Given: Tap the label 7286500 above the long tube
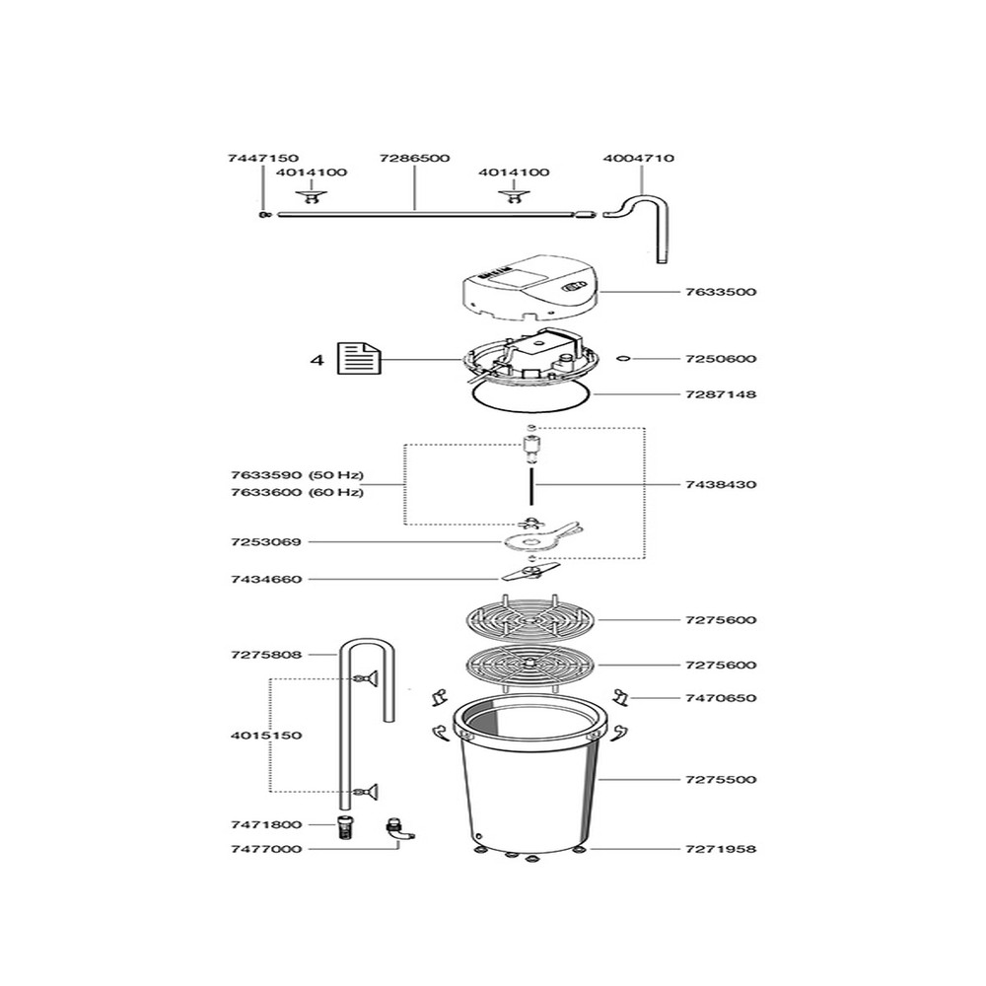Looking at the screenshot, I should click(x=415, y=158).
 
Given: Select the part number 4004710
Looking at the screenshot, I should click(x=639, y=158).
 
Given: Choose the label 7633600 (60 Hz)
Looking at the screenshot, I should click(x=282, y=492).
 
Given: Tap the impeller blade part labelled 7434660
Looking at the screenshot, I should click(x=529, y=573).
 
